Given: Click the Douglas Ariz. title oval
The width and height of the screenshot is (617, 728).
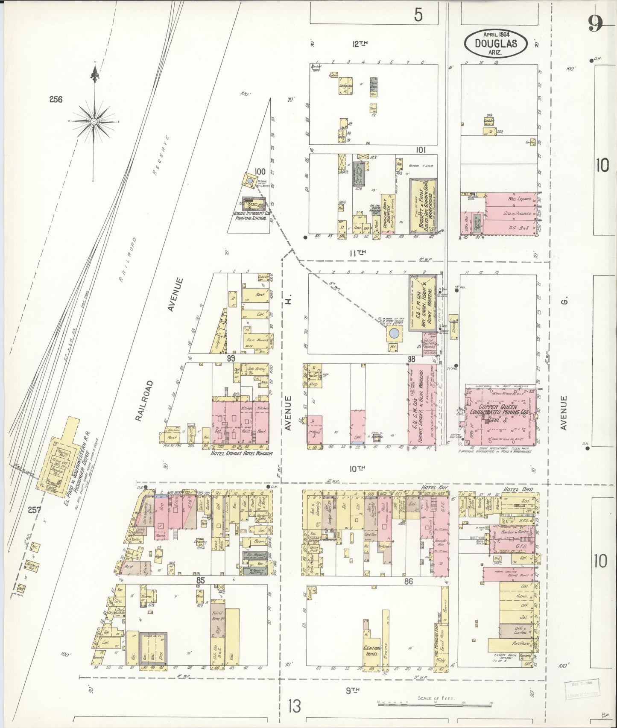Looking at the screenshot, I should tap(496, 43).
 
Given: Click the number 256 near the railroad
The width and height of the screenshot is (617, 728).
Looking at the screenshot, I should tap(56, 99).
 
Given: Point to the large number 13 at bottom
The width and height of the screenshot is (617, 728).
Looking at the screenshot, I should tap(295, 705).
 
